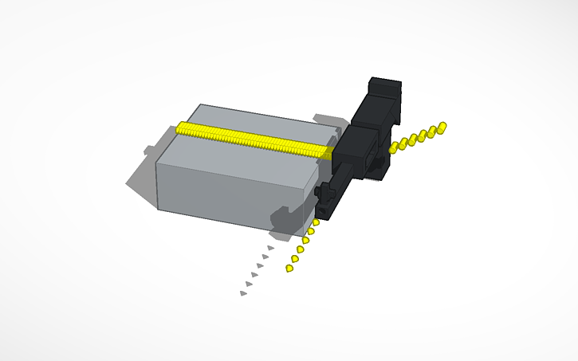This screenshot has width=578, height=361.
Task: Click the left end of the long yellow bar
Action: [x=181, y=128]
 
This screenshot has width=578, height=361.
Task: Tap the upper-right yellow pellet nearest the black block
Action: [x=393, y=147]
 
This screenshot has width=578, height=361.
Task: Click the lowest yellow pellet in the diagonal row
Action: [x=289, y=269]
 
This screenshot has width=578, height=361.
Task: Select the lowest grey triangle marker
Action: [x=242, y=293]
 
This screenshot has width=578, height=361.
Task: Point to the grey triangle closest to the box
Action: [x=270, y=248]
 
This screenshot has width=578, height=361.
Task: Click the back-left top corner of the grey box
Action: [x=199, y=105]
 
